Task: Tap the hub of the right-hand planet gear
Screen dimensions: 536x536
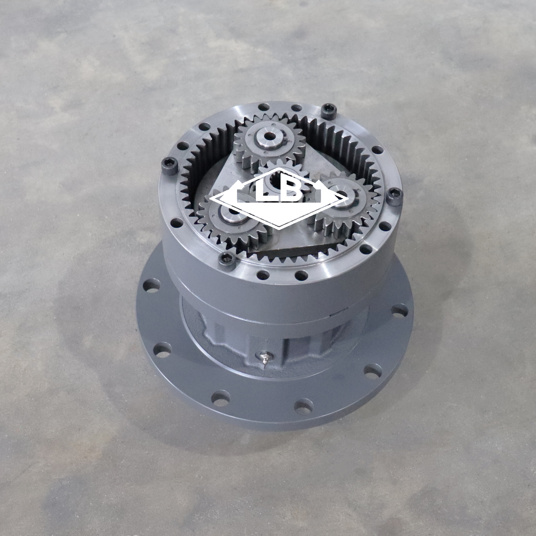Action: (342, 194)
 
